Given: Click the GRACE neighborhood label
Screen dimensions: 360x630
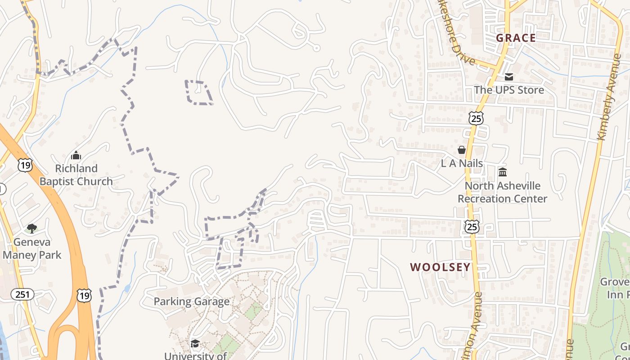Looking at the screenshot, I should (x=516, y=38).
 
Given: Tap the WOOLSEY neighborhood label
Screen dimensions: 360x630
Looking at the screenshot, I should (x=440, y=267).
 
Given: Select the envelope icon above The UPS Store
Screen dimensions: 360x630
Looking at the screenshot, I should (x=509, y=77).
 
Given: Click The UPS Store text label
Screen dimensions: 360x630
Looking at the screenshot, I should (x=509, y=90).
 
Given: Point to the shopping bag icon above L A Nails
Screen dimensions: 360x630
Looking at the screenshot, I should (x=462, y=150).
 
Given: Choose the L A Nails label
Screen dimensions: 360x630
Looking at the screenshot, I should (x=462, y=163).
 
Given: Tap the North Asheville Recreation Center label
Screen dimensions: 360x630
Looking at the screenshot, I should (x=503, y=192).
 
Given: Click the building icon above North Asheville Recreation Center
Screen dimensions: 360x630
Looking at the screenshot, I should (x=503, y=172).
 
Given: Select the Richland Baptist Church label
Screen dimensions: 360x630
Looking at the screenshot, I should (x=76, y=175).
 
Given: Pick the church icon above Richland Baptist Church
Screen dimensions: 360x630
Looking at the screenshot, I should (x=76, y=156).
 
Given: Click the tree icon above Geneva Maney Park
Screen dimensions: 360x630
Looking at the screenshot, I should (x=31, y=229).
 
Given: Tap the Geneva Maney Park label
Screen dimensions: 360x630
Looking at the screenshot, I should (x=31, y=248).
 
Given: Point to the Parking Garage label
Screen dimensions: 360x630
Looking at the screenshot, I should (x=192, y=301).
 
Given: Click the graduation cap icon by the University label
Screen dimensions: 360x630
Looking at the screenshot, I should (x=195, y=344).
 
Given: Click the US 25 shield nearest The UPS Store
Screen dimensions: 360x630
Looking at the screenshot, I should (x=476, y=118).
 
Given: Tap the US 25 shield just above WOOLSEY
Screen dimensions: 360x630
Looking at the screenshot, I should (x=472, y=227).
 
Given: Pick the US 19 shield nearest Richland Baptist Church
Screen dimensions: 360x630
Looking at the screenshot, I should (x=25, y=165).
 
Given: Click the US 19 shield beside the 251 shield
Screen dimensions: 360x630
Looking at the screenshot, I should (x=84, y=295).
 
